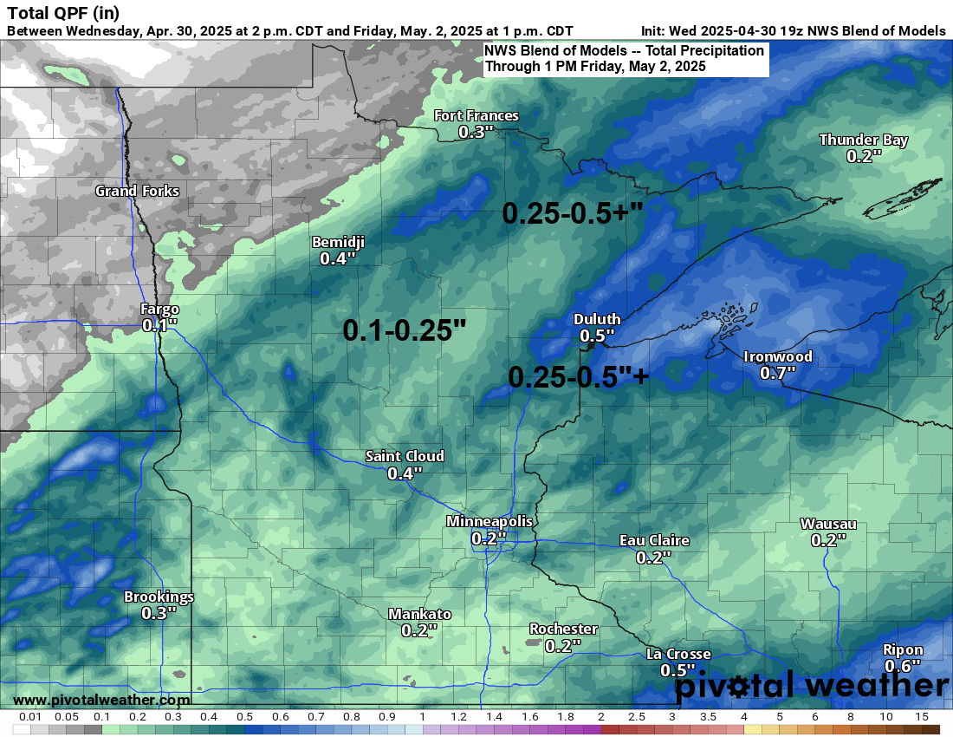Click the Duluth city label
597,319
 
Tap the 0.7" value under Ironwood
777,373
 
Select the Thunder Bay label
863,140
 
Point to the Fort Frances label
476,116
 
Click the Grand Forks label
137,191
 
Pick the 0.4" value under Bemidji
338,258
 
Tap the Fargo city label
160,309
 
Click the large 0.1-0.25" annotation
405,329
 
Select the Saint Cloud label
405,456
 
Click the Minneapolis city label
489,521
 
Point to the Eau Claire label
654,540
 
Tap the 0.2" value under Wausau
828,540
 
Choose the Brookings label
159,597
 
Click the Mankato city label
419,614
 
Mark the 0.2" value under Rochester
563,645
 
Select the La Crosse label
678,654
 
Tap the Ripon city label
903,649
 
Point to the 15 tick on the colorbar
921,717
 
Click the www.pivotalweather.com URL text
101,700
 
